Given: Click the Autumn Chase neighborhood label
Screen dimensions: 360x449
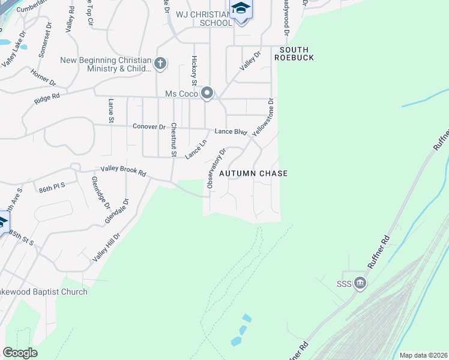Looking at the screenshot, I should point(253,173).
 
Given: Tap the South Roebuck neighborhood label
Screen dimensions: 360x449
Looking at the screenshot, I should point(295,53).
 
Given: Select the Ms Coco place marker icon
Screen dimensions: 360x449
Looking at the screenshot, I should point(207,93).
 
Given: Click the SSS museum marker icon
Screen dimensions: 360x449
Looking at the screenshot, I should point(360,283).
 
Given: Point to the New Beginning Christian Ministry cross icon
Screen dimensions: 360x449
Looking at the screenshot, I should point(160,63).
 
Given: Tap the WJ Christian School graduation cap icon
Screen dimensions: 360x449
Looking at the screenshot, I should point(241,9).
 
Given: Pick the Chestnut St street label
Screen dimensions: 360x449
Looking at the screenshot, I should point(173,140).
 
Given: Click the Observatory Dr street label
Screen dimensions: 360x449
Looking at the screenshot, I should point(216,169).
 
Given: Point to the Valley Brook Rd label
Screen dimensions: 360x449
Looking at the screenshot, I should point(123,171).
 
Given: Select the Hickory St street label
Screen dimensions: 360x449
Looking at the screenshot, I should point(194,70).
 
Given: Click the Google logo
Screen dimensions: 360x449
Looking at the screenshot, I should point(20,353).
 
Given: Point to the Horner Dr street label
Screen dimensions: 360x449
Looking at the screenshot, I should point(44,78).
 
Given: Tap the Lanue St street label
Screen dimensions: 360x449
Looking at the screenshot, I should point(111,111).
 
